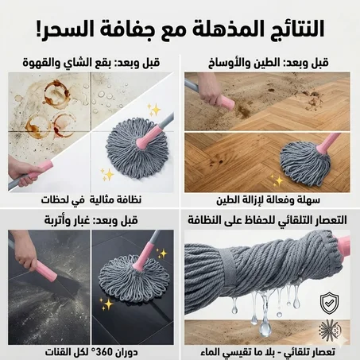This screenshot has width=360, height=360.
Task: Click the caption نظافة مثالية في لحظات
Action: pyautogui.click(x=90, y=199)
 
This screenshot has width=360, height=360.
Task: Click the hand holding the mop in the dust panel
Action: pyautogui.click(x=29, y=262)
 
